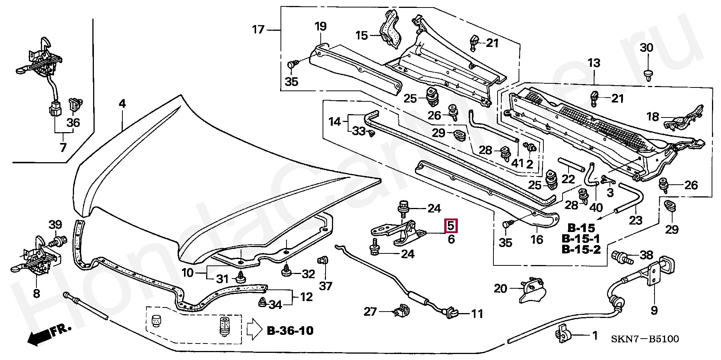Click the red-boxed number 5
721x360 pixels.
451,226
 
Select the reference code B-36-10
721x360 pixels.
290,331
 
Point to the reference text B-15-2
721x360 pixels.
581,249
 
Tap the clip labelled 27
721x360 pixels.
402,311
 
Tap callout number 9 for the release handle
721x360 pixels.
654,310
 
